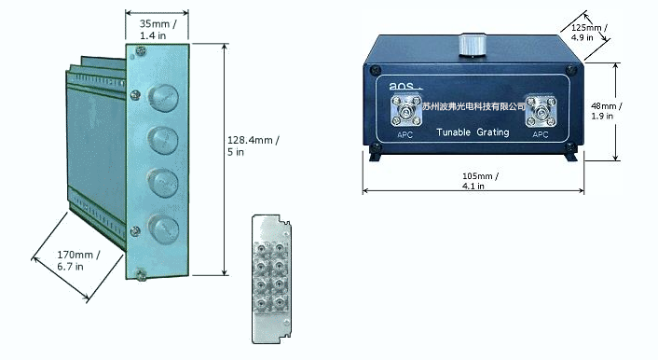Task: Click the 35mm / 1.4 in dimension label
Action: point(158,30)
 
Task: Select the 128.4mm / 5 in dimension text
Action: point(254,145)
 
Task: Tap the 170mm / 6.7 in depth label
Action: point(78,260)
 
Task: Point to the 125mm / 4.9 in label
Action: point(589,33)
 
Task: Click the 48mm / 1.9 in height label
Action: point(607,111)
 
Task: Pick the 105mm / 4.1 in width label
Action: point(480,181)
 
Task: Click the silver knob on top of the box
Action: point(473,44)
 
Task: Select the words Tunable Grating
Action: point(473,132)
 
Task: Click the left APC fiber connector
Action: point(405,111)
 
